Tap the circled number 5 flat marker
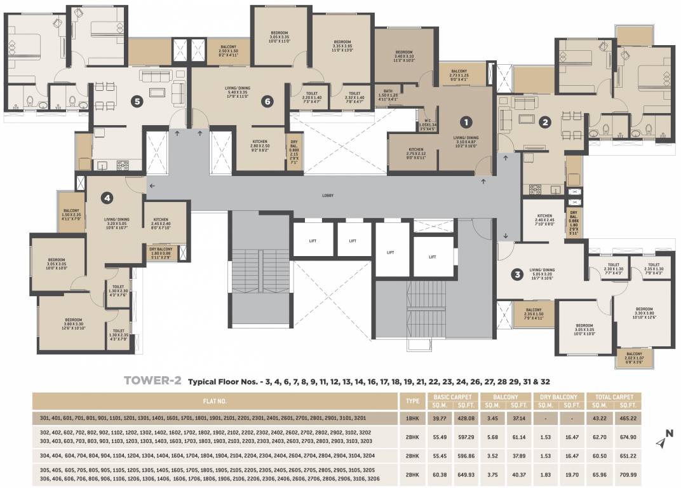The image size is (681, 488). click(x=135, y=101)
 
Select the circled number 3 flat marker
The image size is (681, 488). click(x=518, y=274)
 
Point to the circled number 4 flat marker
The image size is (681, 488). click(x=107, y=198)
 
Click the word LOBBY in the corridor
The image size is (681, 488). click(x=328, y=196)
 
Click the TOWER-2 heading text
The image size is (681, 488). click(x=152, y=381)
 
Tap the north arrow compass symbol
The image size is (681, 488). click(x=665, y=437)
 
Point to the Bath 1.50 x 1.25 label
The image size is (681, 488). click(x=387, y=97)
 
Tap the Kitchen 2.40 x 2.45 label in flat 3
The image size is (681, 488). click(x=544, y=220)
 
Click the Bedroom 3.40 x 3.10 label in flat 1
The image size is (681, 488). click(x=405, y=55)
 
